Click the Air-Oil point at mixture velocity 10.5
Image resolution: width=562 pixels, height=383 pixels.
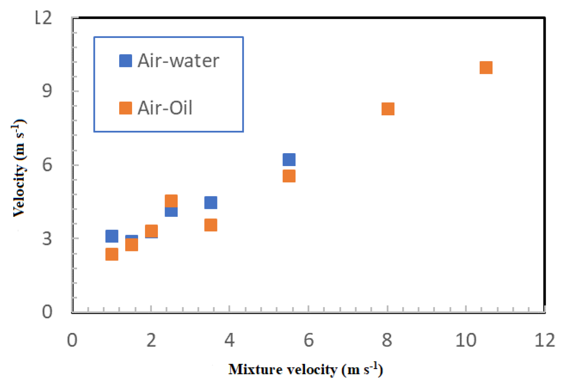point(486,68)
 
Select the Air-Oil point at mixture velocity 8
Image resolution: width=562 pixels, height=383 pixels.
point(387,109)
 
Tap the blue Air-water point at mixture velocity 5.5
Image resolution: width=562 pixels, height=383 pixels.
point(289,160)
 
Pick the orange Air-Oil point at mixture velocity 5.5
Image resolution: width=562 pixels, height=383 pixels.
point(289,176)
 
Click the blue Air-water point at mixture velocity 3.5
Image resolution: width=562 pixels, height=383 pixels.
point(211,202)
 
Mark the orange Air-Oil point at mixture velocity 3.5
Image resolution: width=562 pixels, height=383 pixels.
point(211,225)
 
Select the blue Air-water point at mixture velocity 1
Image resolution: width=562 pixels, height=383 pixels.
point(112,236)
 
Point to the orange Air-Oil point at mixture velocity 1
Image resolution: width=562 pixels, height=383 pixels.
point(112,254)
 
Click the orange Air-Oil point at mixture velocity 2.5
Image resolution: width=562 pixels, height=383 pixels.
point(171,201)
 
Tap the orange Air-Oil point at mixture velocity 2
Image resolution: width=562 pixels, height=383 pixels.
point(151,231)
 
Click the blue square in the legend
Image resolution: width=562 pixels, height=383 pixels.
point(126,61)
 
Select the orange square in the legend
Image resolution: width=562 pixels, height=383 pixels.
point(126,108)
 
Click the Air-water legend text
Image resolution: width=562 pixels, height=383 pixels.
point(178,61)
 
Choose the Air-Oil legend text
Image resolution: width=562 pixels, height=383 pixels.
point(165,108)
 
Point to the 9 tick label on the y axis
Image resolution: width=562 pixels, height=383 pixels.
point(47,91)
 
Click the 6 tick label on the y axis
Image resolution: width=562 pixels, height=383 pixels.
point(47,165)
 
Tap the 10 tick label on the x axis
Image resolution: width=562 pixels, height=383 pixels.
point(466,340)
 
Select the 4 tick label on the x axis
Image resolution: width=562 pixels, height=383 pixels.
point(229,340)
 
